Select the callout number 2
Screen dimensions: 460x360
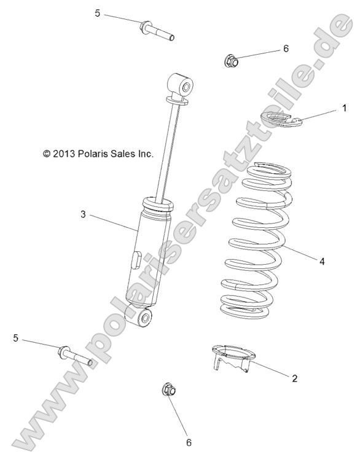point(295,378)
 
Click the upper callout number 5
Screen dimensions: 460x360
point(98,13)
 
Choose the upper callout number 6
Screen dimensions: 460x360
point(286,48)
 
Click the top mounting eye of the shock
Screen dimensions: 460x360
point(179,85)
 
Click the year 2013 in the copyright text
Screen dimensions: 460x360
point(63,154)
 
